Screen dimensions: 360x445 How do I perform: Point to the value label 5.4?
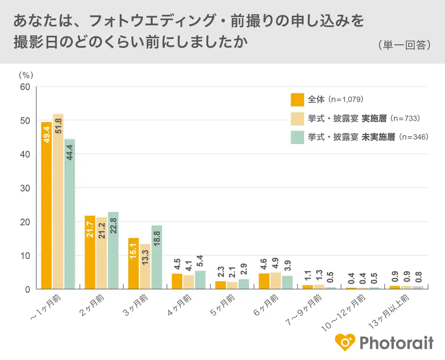pos(200,261)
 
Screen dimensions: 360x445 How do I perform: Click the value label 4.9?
pos(275,263)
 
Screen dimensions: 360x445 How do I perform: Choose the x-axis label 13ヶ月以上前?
pos(389,311)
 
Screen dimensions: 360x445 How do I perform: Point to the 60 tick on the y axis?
pos(25,87)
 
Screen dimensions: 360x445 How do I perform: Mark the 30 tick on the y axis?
pos(25,188)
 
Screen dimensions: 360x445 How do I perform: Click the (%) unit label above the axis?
pos(26,75)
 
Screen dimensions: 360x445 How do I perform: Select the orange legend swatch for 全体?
pos(297,100)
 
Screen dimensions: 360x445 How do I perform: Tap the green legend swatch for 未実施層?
pos(297,137)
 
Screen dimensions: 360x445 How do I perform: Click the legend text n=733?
pos(405,118)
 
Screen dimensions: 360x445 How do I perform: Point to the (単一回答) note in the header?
pos(404,45)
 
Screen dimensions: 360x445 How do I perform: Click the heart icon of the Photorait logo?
pos(345,343)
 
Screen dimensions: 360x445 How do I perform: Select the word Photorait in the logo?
pos(396,343)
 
